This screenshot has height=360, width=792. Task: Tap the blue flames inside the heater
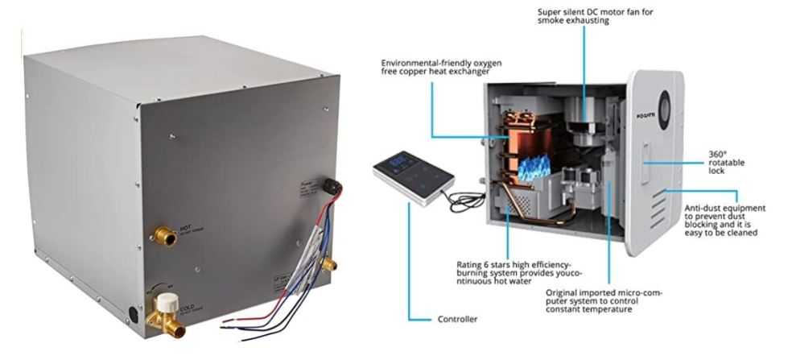531,168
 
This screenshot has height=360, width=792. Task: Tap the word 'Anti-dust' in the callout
702,208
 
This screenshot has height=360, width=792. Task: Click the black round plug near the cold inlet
134,312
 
